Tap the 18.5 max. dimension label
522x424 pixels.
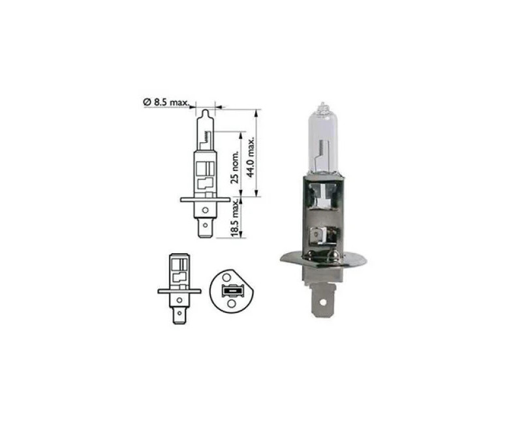236,219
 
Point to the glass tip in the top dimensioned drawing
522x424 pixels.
206,115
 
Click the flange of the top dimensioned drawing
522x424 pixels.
206,198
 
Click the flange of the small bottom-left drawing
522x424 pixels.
178,290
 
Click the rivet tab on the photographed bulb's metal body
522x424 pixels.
319,232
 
